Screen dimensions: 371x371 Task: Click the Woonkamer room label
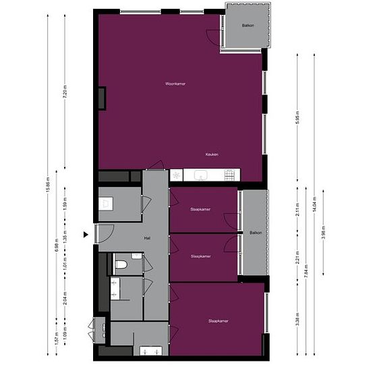175,84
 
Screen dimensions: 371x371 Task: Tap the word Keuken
212,154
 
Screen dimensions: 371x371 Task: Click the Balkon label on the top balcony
248,26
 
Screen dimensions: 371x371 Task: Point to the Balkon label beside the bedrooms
255,233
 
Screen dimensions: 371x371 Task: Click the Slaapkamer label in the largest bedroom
218,321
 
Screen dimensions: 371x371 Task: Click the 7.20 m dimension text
65,92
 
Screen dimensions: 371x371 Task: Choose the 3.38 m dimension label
297,321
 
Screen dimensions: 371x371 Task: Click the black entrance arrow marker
86,234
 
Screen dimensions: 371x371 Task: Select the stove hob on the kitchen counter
229,175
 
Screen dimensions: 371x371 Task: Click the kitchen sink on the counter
200,175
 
